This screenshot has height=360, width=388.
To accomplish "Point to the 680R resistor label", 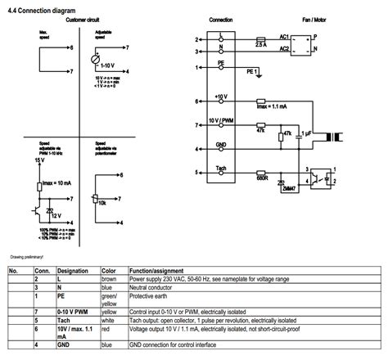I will click(x=262, y=175).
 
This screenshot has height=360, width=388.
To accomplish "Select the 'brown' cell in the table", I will click(x=109, y=279).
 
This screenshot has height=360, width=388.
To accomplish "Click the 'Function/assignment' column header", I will click(x=162, y=270).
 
